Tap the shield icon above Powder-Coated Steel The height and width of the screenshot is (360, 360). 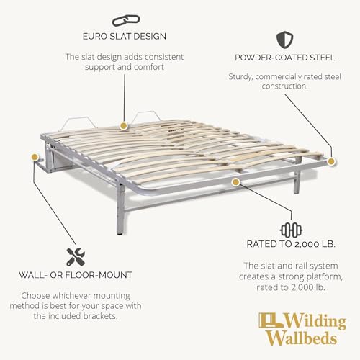[284, 40]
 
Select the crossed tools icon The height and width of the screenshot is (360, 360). [76, 257]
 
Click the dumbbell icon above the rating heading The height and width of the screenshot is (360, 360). [291, 230]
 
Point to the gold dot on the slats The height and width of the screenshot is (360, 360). [123, 125]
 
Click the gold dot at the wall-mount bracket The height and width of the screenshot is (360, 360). [35, 157]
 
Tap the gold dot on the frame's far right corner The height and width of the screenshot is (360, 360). [331, 161]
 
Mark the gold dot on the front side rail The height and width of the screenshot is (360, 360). [236, 182]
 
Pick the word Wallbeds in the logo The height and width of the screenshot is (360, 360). [302, 338]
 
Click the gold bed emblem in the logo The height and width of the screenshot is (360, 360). [271, 320]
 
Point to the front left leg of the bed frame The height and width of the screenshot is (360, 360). [121, 209]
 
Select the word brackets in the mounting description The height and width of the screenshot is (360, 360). [100, 316]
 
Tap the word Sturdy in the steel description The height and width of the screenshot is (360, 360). [240, 77]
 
